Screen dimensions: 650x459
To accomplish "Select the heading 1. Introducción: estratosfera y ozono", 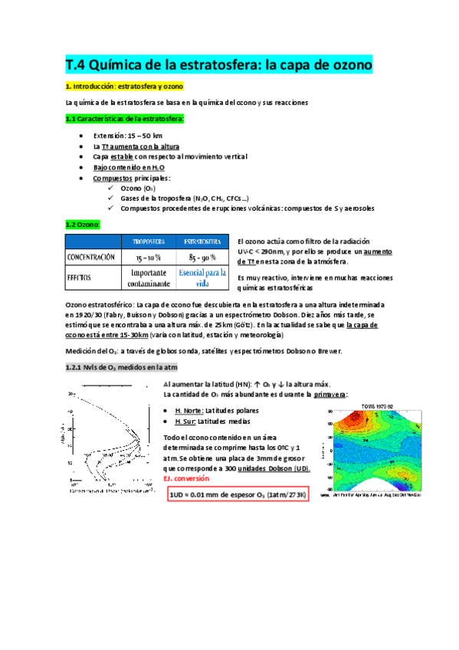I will (124, 87).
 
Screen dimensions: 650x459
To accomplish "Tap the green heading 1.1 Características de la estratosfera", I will (124, 119).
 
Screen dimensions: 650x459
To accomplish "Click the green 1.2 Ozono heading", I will (82, 224).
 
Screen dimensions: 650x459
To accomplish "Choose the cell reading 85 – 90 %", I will (203, 257).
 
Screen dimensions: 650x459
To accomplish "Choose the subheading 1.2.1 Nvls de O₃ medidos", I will (120, 367).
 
